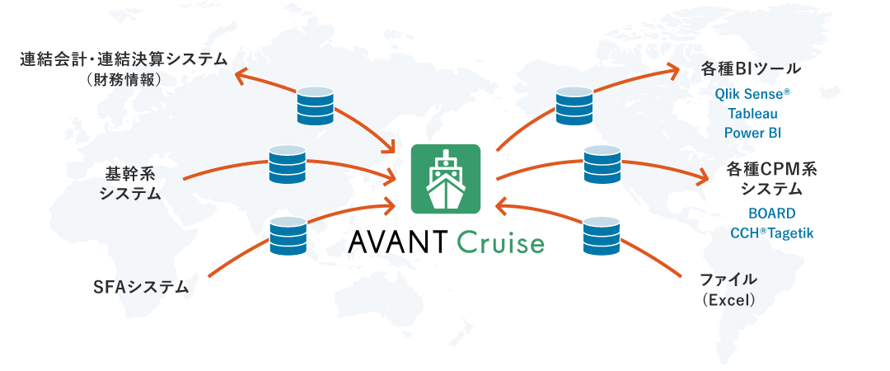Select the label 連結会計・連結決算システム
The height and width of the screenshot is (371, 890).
click(x=123, y=59)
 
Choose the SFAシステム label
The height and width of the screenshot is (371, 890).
click(x=141, y=288)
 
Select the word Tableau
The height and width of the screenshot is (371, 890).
click(x=752, y=114)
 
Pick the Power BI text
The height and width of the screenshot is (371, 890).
click(x=752, y=133)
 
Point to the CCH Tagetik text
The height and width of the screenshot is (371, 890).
click(x=771, y=233)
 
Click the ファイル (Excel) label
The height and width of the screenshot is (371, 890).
click(x=728, y=289)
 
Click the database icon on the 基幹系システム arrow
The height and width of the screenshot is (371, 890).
click(x=287, y=165)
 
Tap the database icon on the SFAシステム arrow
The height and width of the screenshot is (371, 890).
click(x=288, y=234)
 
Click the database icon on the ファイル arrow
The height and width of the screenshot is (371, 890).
click(x=602, y=234)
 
